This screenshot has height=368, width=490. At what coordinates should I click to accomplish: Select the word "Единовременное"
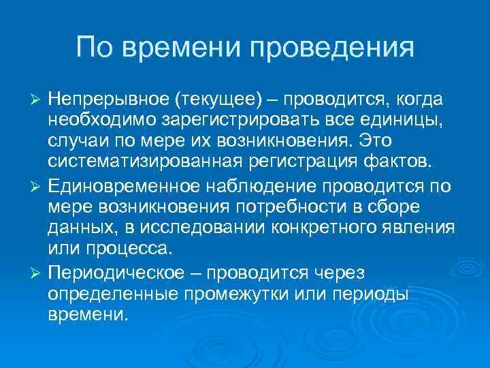point(122,187)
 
